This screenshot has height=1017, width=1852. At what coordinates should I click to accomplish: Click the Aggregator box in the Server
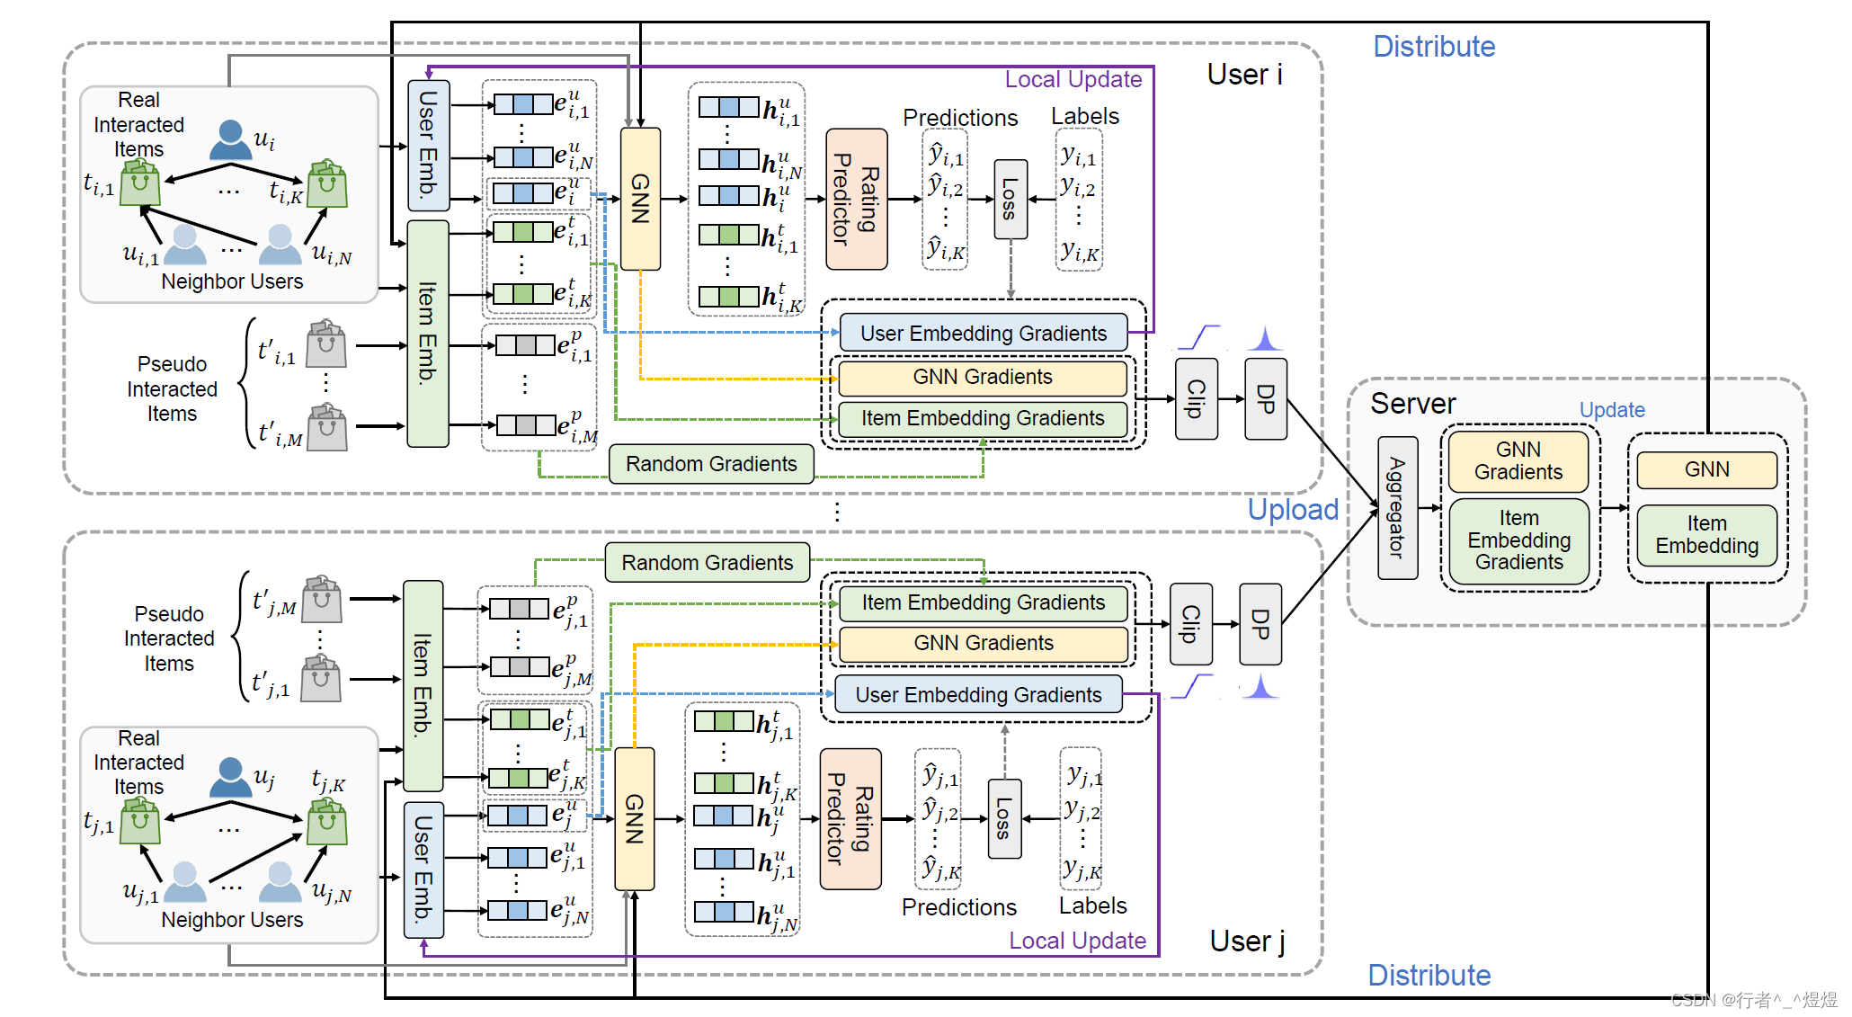pyautogui.click(x=1397, y=508)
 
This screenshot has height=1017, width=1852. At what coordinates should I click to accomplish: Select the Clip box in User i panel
pyautogui.click(x=1197, y=398)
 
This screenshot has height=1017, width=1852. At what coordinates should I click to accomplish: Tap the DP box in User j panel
pyautogui.click(x=1260, y=624)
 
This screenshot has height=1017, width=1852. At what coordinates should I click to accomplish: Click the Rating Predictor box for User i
pyautogui.click(x=856, y=199)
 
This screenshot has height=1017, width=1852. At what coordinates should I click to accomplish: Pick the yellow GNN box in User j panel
pyautogui.click(x=634, y=818)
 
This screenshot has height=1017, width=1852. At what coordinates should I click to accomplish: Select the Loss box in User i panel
pyautogui.click(x=1010, y=199)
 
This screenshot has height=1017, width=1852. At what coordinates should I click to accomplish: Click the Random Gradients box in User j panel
pyautogui.click(x=707, y=563)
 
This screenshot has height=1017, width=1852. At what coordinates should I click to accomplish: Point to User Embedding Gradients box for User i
pyautogui.click(x=983, y=334)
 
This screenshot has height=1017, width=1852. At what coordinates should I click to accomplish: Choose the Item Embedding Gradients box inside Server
pyautogui.click(x=1518, y=540)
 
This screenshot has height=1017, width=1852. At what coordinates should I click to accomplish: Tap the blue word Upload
pyautogui.click(x=1292, y=510)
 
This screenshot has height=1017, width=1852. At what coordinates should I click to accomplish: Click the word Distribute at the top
pyautogui.click(x=1433, y=47)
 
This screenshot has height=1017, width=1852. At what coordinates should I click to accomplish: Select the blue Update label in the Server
pyautogui.click(x=1611, y=410)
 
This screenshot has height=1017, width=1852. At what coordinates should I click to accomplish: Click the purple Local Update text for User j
pyautogui.click(x=1077, y=941)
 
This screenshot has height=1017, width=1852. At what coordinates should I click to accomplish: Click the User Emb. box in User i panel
pyautogui.click(x=428, y=144)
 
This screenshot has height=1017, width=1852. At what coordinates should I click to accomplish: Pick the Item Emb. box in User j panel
pyautogui.click(x=423, y=685)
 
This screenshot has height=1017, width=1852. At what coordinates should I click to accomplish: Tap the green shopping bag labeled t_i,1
pyautogui.click(x=140, y=183)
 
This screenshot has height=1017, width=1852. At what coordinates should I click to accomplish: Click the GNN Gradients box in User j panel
pyautogui.click(x=983, y=644)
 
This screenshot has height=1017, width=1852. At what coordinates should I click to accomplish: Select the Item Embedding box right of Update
pyautogui.click(x=1705, y=535)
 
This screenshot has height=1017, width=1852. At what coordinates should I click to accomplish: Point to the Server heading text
pyautogui.click(x=1411, y=404)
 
